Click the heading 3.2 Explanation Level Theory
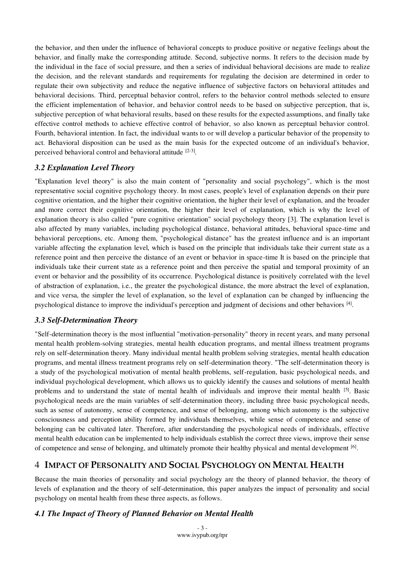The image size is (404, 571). [84, 168]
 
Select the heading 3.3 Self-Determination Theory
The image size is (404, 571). [86, 320]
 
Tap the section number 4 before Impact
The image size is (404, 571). [37, 465]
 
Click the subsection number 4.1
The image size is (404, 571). [40, 514]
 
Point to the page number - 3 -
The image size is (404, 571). [202, 528]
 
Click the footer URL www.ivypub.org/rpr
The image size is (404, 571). [202, 535]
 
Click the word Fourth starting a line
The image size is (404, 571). [45, 133]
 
